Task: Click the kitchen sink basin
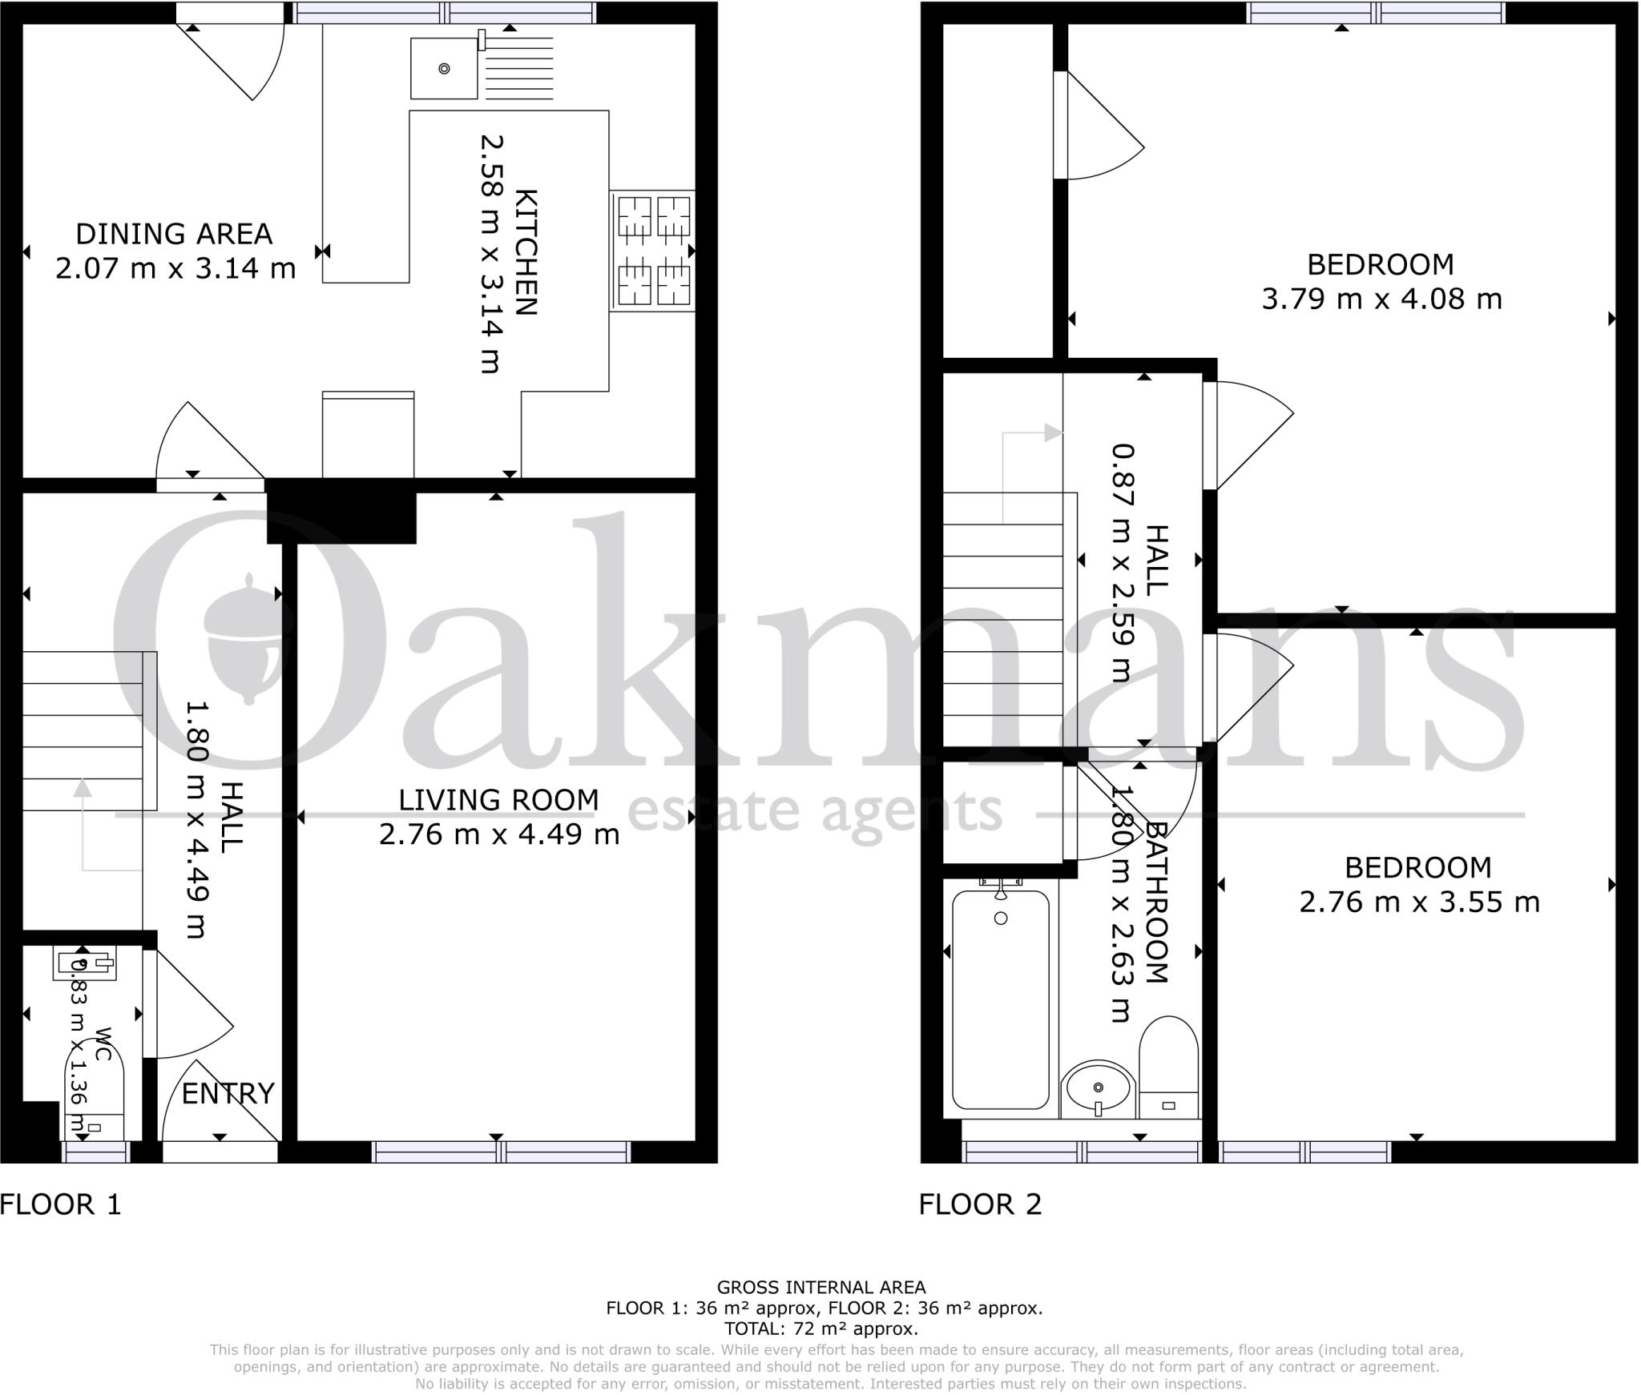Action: [x=444, y=69]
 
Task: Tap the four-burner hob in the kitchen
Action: [x=652, y=251]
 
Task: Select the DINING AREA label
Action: [x=174, y=234]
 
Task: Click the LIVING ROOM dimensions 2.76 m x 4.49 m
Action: [x=498, y=834]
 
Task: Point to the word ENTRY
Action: [x=228, y=1093]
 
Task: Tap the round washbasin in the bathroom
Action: [x=1098, y=1087]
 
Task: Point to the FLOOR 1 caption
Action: [x=61, y=1204]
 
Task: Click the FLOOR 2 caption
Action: [x=980, y=1204]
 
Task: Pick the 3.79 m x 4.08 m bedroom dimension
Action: [x=1381, y=300]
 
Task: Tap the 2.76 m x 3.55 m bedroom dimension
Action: [x=1418, y=903]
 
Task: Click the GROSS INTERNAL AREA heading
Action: [x=820, y=1288]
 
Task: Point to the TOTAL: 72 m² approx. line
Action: [x=820, y=1329]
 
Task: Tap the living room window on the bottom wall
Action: [x=502, y=1152]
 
